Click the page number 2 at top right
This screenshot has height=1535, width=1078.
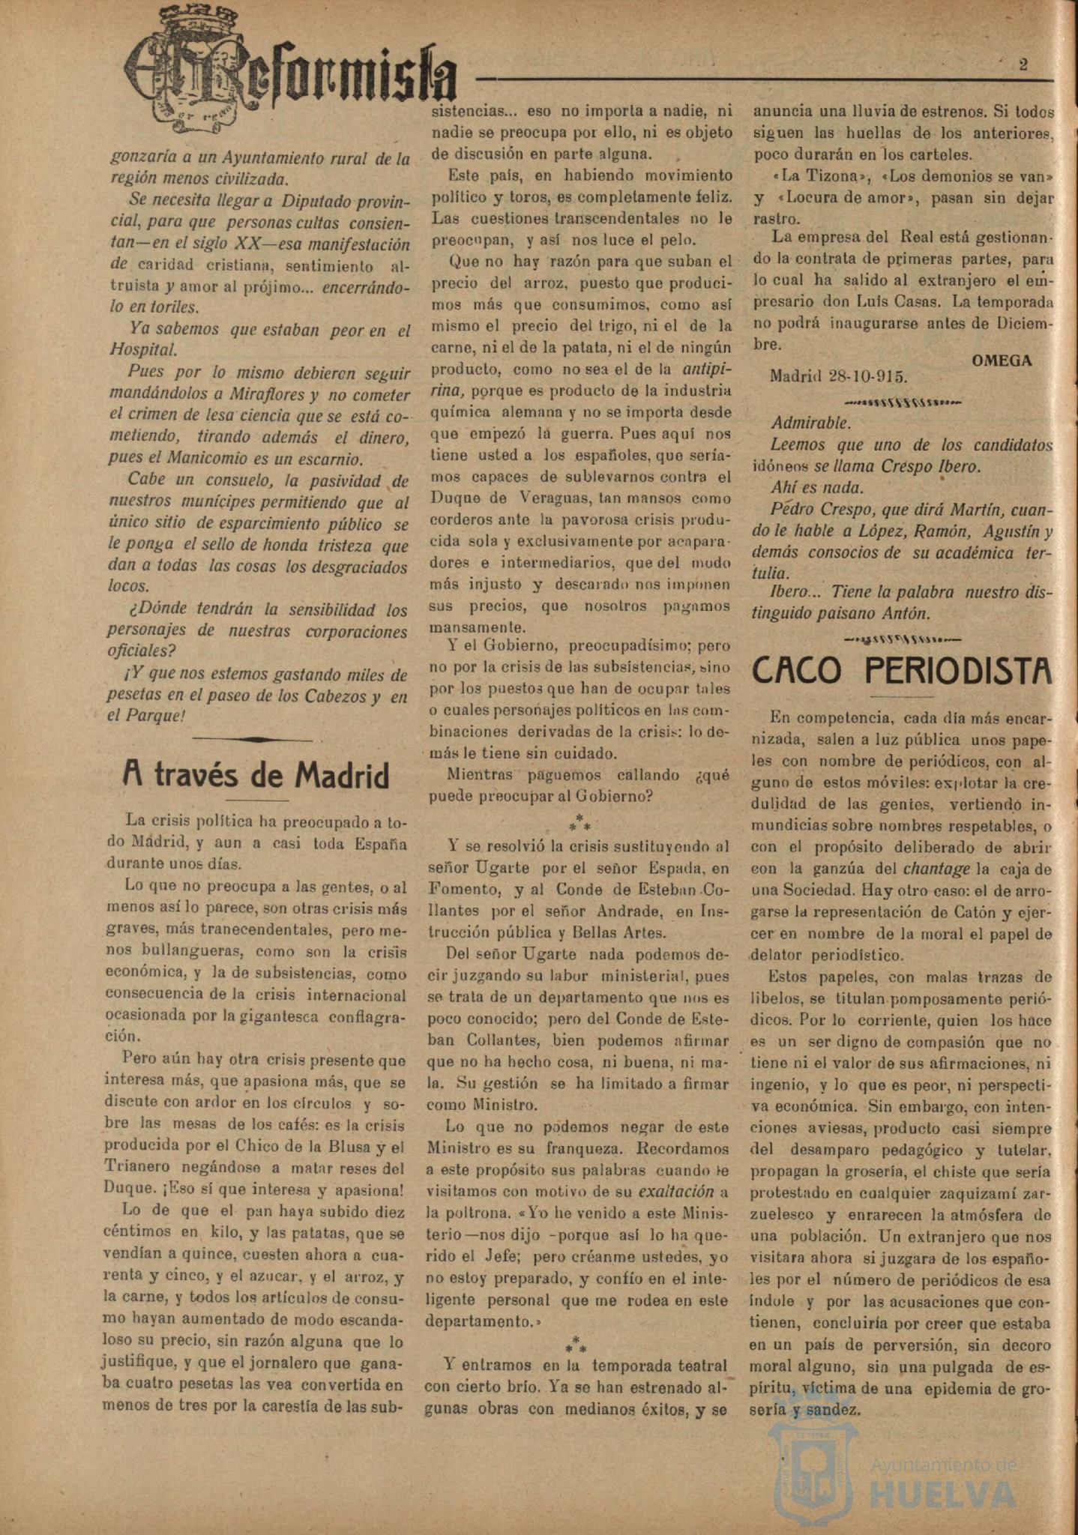(x=1023, y=64)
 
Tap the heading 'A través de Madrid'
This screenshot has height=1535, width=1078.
(x=256, y=776)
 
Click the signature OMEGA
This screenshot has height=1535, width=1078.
(x=1002, y=360)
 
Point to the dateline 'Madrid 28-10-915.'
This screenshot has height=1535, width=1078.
(x=839, y=376)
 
